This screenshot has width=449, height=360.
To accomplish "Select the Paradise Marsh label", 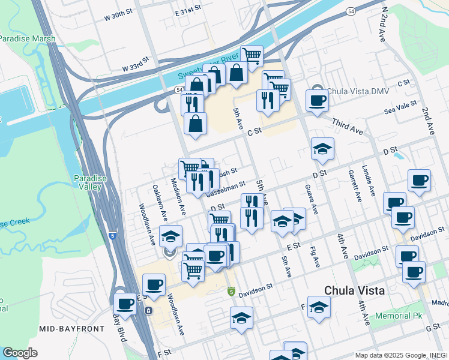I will click(27, 38).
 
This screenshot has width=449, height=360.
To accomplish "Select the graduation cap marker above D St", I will click(322, 148).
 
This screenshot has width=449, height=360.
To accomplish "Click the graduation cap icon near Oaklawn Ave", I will click(170, 236).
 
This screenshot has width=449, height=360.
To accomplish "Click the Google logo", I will click(20, 353).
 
